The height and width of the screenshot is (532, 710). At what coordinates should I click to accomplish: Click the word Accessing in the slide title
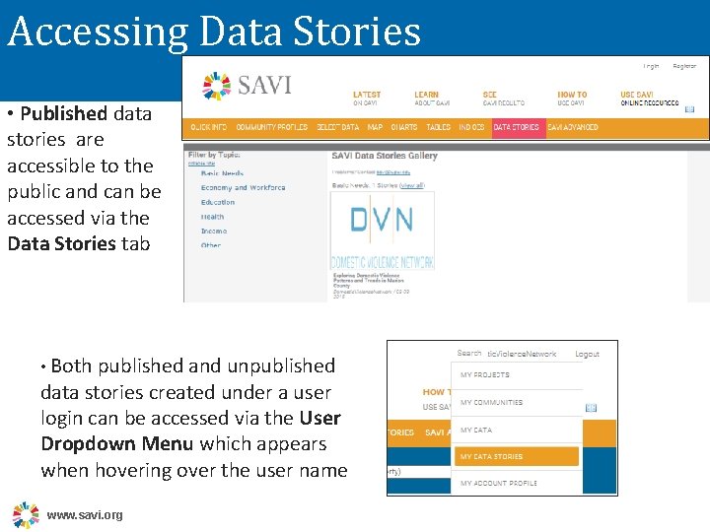click(96, 33)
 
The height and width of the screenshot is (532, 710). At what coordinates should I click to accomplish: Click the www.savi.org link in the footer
click(85, 515)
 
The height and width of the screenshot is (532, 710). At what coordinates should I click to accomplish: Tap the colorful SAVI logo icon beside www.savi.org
click(26, 514)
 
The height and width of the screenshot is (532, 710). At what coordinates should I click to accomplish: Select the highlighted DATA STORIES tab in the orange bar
click(517, 127)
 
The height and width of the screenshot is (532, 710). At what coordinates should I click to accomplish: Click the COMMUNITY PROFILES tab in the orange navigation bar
click(272, 127)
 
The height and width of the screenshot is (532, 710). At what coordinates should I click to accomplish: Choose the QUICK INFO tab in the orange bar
click(208, 127)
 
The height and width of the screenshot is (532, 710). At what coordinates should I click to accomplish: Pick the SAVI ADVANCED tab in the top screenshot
click(573, 127)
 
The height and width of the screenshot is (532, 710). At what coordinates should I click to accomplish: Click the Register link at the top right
click(684, 66)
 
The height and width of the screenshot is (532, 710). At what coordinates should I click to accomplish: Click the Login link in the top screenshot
click(652, 66)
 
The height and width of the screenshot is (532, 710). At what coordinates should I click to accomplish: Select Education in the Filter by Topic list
click(218, 202)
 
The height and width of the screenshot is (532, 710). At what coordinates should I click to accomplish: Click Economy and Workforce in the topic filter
click(243, 187)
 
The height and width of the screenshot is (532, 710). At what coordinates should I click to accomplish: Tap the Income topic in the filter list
click(213, 231)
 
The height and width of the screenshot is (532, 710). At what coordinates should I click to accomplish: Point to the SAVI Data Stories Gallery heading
click(385, 156)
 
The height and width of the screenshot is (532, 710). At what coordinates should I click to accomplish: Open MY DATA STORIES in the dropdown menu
click(491, 456)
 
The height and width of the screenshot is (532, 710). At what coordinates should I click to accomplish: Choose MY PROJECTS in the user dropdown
click(485, 374)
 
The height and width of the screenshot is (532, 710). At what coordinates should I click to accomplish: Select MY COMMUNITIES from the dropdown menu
click(491, 402)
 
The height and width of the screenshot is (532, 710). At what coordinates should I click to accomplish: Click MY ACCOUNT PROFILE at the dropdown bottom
click(499, 483)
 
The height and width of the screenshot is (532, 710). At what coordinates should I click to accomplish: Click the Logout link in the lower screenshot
click(587, 354)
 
